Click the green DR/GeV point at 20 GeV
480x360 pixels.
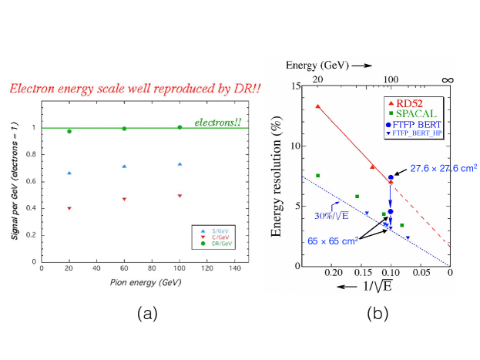(x=69, y=131)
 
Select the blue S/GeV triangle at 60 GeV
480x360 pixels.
(x=125, y=166)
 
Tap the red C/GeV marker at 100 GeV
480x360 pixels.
(x=180, y=196)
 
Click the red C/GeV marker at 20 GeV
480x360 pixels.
(x=69, y=208)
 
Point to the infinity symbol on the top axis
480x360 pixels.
(x=449, y=79)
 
